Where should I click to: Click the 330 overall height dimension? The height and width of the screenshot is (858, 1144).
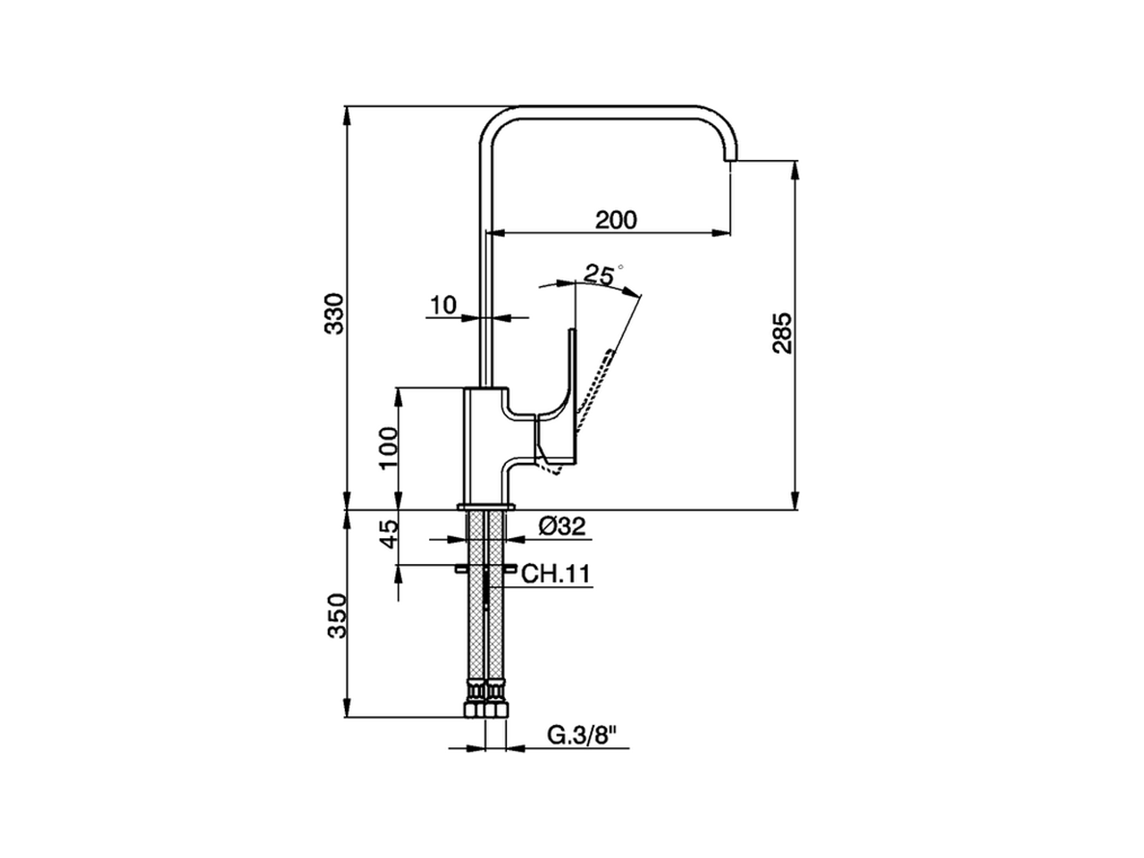[333, 313]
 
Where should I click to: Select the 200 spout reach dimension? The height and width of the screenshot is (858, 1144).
[617, 219]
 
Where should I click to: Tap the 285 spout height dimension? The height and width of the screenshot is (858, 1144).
[781, 332]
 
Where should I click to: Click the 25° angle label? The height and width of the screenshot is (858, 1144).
[601, 273]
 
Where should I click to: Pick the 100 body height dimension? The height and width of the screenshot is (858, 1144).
[387, 448]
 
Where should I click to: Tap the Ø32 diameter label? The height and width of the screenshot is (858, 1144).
[562, 527]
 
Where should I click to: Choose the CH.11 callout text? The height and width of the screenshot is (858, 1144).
[557, 574]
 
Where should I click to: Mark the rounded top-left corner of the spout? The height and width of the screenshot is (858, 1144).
[493, 125]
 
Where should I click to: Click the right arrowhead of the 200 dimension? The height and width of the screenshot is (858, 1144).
[725, 233]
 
